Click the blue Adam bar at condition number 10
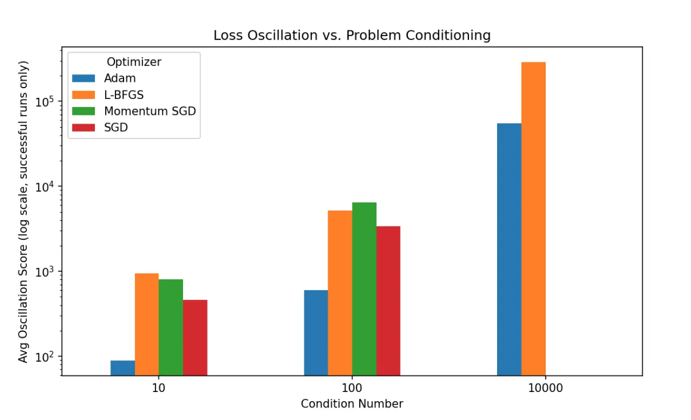[123, 368]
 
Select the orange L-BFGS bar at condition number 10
[147, 324]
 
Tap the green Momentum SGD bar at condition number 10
[171, 327]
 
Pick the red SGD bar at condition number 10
[195, 338]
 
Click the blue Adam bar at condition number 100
[316, 332]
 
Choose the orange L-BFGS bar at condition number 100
[340, 293]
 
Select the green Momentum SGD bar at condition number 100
[364, 289]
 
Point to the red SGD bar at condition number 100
[388, 301]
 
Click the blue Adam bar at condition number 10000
[509, 249]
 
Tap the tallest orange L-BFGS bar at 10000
[534, 219]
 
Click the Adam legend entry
[104, 78]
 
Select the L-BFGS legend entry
[108, 95]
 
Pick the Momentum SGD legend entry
[134, 111]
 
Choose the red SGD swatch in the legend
[84, 128]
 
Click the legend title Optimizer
[134, 62]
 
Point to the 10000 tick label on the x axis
[545, 388]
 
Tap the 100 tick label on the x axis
[352, 388]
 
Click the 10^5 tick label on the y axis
[45, 101]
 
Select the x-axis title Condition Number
[352, 403]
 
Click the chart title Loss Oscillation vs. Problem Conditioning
[352, 35]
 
